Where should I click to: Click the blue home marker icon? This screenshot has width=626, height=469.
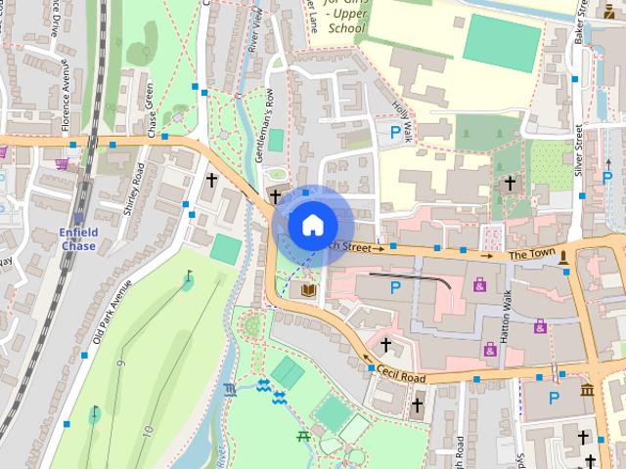[x=311, y=225]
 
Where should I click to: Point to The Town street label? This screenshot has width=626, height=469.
[x=531, y=256]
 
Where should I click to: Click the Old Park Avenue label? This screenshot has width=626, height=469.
[x=112, y=312]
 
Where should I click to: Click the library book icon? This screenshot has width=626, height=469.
[x=308, y=291]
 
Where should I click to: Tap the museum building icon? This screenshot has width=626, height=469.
[x=587, y=391]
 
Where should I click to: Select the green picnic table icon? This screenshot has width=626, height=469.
[x=303, y=436]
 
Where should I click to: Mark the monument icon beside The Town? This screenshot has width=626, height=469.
[x=563, y=257]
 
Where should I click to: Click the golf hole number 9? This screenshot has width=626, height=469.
[x=121, y=364]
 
